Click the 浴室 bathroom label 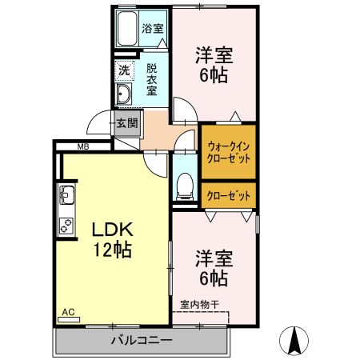pos(153,28)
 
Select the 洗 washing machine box pos(124,71)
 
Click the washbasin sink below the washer pos(124,97)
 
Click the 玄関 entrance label pos(126,123)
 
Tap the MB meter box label pos(82,146)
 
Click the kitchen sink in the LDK pos(66,194)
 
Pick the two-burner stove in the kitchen pos(66,224)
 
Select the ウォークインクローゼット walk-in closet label pos(228,152)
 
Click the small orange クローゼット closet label pos(228,195)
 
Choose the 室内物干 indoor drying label pos(199,304)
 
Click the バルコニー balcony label pos(142,340)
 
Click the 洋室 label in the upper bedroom pos(214,56)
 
